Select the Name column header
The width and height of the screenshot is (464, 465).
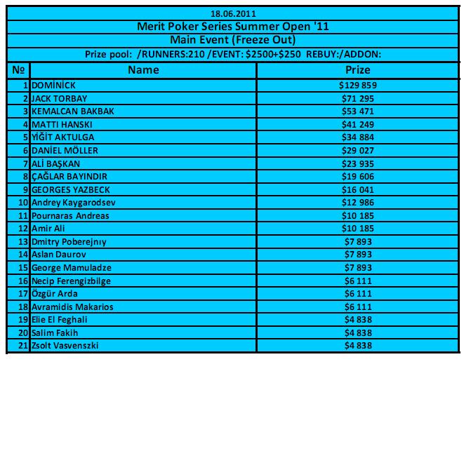[x=143, y=70]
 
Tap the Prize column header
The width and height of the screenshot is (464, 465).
[x=358, y=70]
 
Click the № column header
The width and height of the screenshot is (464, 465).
[x=18, y=70]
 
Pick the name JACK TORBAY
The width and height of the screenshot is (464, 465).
[x=60, y=98]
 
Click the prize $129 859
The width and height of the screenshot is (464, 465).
[x=358, y=86]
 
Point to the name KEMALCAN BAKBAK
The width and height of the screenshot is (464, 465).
[x=73, y=112]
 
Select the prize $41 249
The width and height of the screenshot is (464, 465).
[x=358, y=124]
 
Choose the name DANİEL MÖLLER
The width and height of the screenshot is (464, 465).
[x=65, y=150]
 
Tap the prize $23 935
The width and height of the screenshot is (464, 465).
[x=358, y=163]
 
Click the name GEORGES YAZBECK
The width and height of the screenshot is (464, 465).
[x=70, y=189]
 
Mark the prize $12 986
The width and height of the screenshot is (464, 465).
[x=358, y=203]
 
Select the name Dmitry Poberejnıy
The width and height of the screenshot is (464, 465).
[x=69, y=242]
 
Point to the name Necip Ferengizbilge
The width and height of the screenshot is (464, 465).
[x=71, y=281]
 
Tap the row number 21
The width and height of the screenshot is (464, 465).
[x=23, y=346]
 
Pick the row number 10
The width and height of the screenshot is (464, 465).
[x=23, y=203]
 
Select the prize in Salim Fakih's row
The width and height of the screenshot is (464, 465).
[x=358, y=333]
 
